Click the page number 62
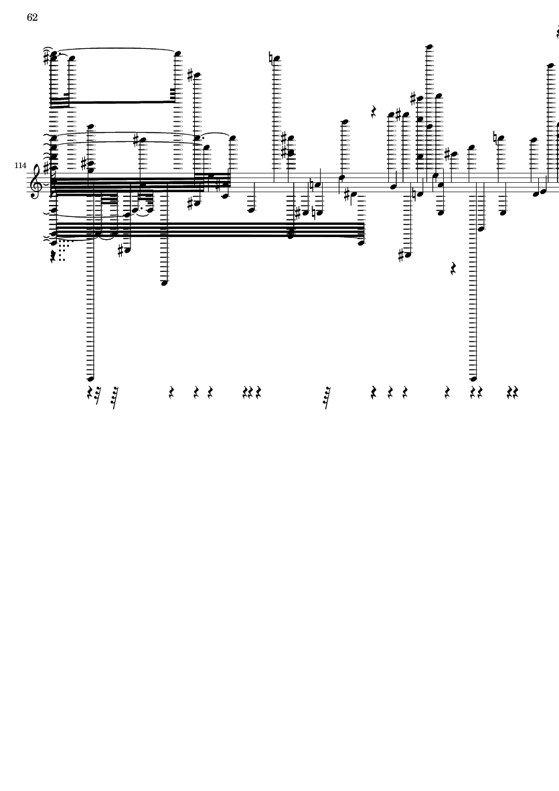[x=32, y=17]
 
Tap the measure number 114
[x=20, y=165]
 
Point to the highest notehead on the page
[x=429, y=47]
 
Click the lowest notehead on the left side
[x=91, y=378]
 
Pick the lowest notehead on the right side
[x=473, y=378]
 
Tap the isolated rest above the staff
[x=374, y=111]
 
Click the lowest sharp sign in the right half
[x=401, y=255]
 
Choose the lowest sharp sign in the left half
[x=121, y=250]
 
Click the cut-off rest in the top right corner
[x=558, y=33]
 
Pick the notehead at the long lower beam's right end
[x=361, y=243]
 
